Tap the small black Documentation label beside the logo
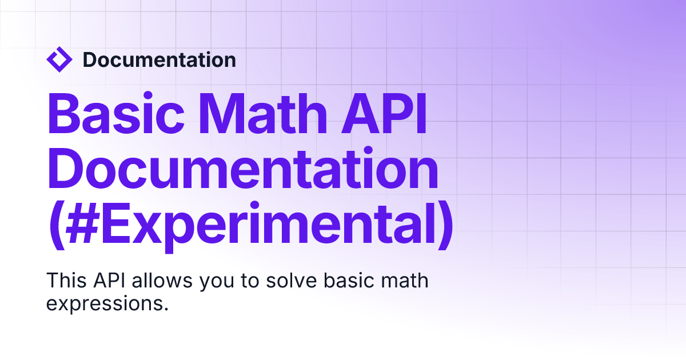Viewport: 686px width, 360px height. coord(159,59)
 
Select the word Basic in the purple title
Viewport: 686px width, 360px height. coord(116,113)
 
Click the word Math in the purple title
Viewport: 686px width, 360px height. coord(263,113)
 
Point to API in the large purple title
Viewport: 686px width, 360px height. coord(384,113)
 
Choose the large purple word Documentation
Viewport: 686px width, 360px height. coord(243,168)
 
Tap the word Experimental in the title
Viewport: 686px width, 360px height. coord(269,227)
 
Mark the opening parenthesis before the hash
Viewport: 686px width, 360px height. coord(57,226)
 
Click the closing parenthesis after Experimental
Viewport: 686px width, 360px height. coord(445,226)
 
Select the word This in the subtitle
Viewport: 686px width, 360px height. coord(66,280)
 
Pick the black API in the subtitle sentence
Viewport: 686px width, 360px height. coord(109,280)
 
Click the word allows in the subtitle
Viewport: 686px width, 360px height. coord(162,280)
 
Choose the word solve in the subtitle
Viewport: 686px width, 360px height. coord(291,280)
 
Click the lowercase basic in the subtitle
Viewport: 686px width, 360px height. coord(349,280)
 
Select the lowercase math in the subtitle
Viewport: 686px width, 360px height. coord(405,280)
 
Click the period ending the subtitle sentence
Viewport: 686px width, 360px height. coord(166,309)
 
